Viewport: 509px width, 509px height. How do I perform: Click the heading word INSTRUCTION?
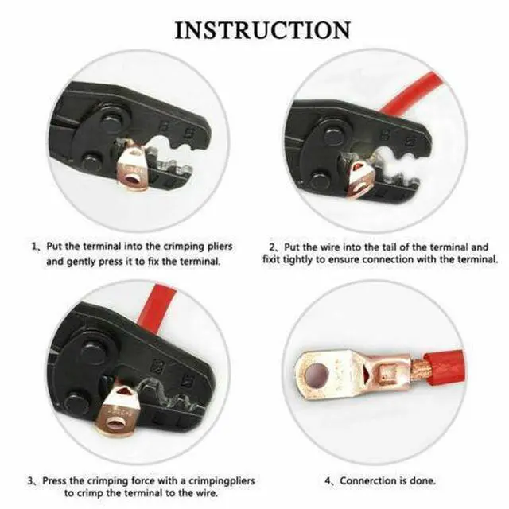(x=262, y=30)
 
